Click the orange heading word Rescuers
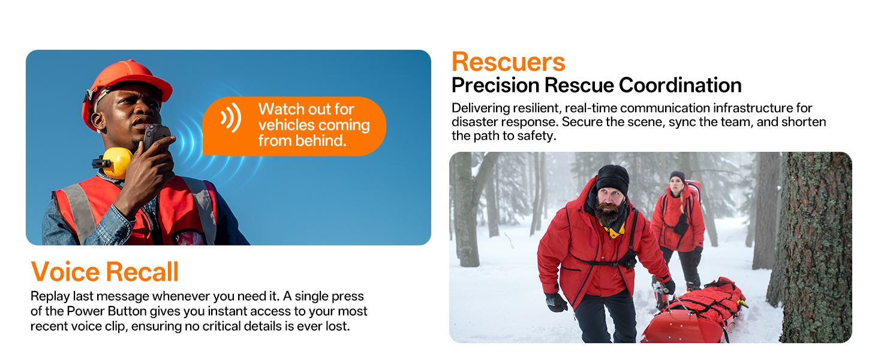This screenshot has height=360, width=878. point(509,62)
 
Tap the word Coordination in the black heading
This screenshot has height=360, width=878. point(680,85)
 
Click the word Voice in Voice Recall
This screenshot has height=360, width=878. point(65,271)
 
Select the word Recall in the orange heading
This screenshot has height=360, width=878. point(142,271)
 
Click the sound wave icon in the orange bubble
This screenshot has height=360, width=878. point(231,117)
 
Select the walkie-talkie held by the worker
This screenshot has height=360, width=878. point(157,139)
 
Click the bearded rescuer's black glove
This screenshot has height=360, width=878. point(556,302)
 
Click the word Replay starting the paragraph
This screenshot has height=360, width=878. point(50,296)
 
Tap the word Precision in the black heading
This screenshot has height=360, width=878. point(495,85)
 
